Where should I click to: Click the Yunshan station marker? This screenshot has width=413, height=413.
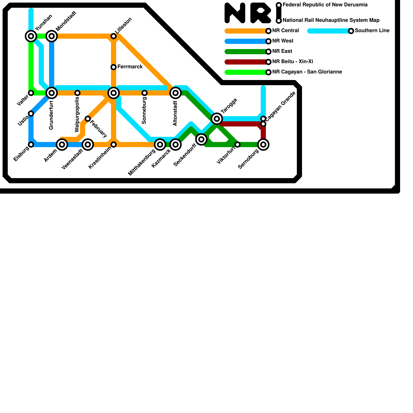click(x=31, y=36)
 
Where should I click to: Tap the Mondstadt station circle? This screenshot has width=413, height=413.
click(x=52, y=36)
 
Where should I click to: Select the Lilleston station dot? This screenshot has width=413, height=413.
click(x=114, y=36)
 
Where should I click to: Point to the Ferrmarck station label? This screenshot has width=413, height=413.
click(x=130, y=67)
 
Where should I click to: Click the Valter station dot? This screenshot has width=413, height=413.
click(x=31, y=93)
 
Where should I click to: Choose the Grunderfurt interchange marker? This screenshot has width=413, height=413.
click(x=52, y=93)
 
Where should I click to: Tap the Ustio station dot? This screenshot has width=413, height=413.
click(x=31, y=114)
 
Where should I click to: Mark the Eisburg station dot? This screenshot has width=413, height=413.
click(x=31, y=145)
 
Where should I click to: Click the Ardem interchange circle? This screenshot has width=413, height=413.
click(x=62, y=145)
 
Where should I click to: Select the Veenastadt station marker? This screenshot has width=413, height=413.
click(x=88, y=145)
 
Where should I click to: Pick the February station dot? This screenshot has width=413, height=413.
click(x=88, y=119)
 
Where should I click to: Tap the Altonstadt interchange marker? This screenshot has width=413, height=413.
click(x=176, y=93)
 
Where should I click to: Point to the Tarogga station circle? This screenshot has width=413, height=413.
click(x=217, y=119)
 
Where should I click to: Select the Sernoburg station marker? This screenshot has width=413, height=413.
click(x=263, y=145)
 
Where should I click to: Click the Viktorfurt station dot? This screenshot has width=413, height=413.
click(x=237, y=145)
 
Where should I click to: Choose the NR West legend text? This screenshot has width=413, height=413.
click(x=283, y=41)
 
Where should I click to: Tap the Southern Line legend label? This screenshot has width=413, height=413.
click(x=372, y=31)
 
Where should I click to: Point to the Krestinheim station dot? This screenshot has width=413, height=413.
click(x=114, y=145)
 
